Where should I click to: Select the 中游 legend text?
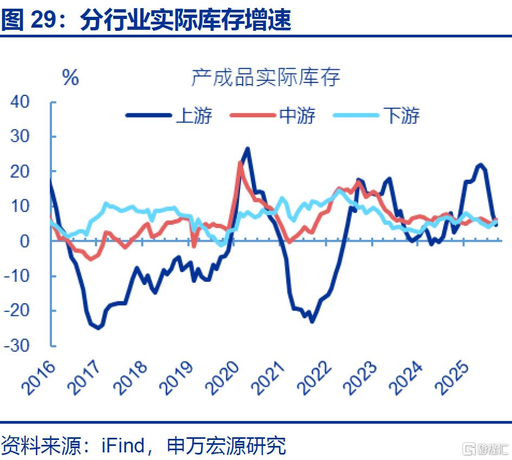coord(297,115)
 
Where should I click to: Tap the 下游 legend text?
coord(401,115)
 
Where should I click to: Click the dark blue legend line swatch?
coord(147,115)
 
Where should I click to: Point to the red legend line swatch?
coord(252,115)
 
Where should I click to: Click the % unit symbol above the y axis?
coord(70,77)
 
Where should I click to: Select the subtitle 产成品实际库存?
coord(265,77)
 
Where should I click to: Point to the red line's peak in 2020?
coord(240,163)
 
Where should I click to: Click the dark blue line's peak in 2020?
coord(248,148)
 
